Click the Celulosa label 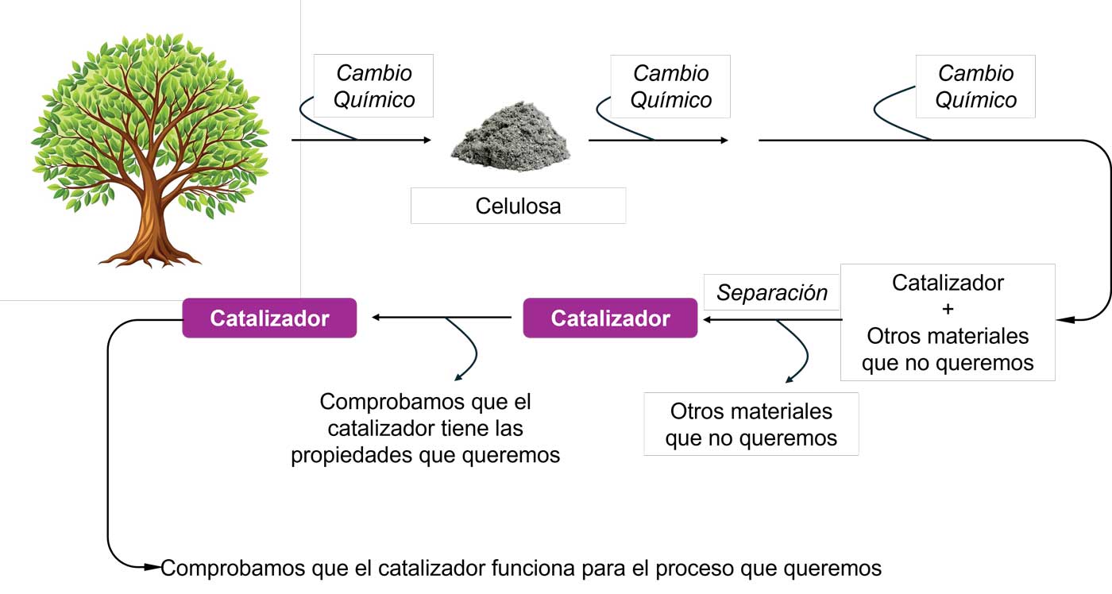pyautogui.click(x=518, y=206)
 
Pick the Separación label pyautogui.click(x=772, y=293)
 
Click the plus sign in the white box pyautogui.click(x=948, y=310)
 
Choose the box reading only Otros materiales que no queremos pyautogui.click(x=751, y=424)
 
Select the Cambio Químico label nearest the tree pyautogui.click(x=374, y=86)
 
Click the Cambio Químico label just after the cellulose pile pyautogui.click(x=670, y=86)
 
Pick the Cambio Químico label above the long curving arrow pyautogui.click(x=975, y=86)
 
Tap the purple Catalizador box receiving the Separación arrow pyautogui.click(x=610, y=318)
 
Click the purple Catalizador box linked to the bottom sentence pyautogui.click(x=269, y=318)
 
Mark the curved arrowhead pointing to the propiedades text pyautogui.click(x=458, y=377)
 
